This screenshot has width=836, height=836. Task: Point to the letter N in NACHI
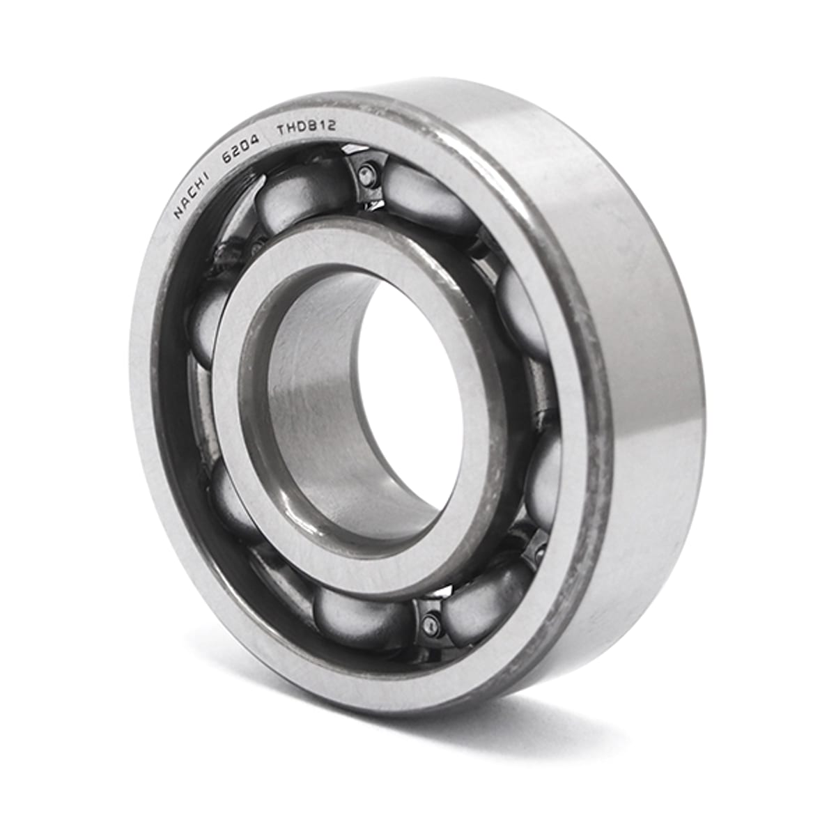pos(178,213)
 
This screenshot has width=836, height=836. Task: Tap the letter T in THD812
pos(283,130)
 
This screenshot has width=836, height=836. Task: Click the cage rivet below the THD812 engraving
pos(367,173)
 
